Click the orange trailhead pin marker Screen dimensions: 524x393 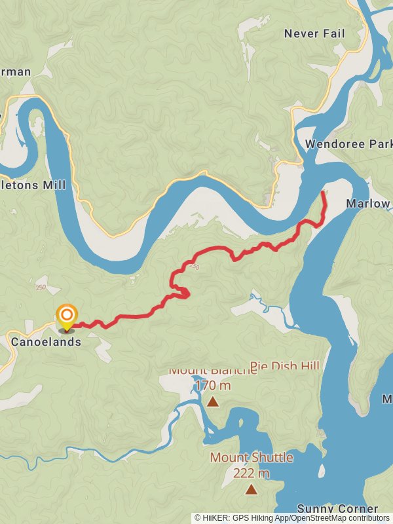(66, 316)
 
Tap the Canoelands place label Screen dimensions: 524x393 (46, 342)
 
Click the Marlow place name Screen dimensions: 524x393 (367, 204)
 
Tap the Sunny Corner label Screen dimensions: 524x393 (337, 509)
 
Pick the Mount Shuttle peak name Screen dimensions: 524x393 (251, 457)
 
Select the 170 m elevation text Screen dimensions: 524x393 (213, 385)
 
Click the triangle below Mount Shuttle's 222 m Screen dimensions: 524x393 (251, 489)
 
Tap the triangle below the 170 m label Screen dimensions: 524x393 (212, 402)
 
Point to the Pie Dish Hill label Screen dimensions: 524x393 (285, 365)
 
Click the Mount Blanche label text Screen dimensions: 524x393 (212, 370)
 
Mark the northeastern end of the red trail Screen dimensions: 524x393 (324, 193)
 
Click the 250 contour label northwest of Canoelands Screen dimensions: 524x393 (41, 288)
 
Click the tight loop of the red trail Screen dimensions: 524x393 (182, 292)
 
